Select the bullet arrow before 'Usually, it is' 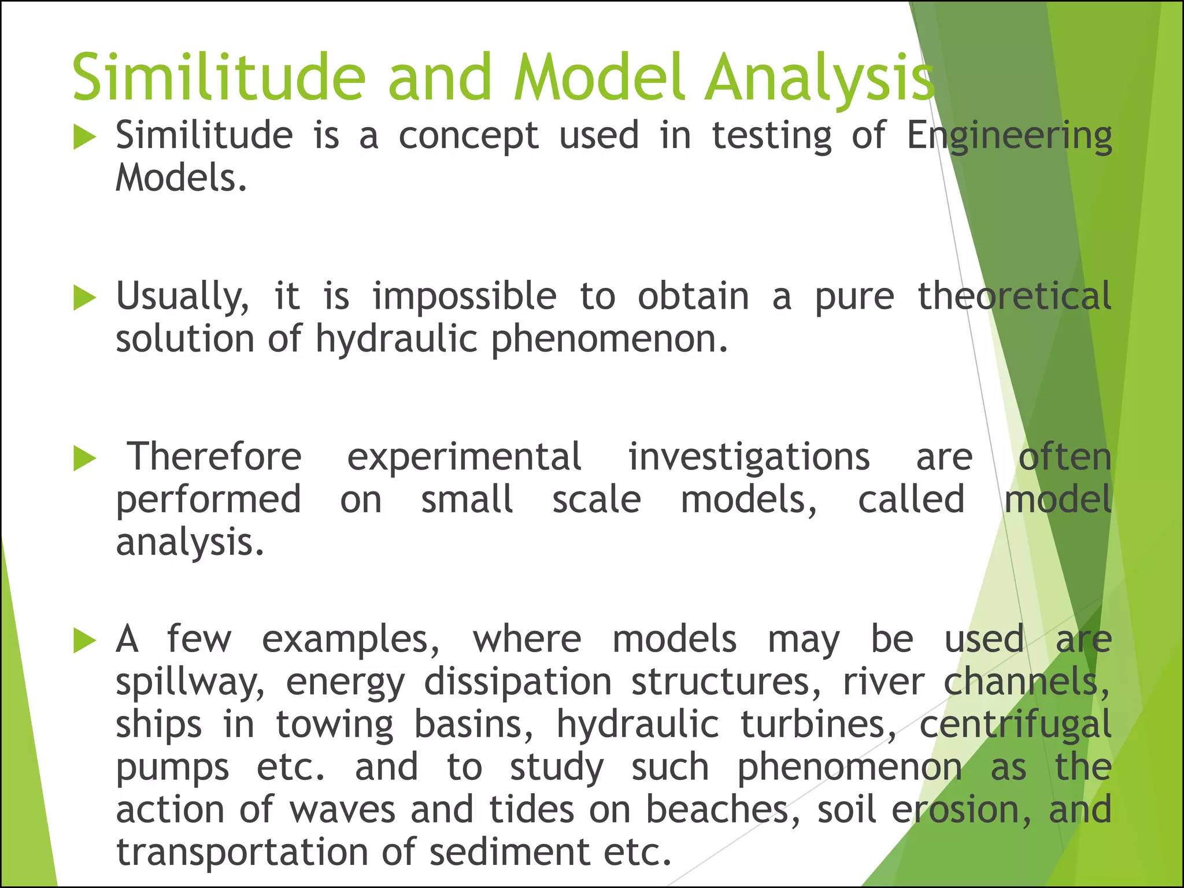[85, 298]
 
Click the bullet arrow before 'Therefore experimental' [85, 459]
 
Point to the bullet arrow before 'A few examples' [85, 641]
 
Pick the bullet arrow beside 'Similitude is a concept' [85, 138]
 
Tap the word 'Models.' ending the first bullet [182, 177]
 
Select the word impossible [464, 297]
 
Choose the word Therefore [214, 457]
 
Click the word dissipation [518, 682]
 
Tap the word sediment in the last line [509, 852]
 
